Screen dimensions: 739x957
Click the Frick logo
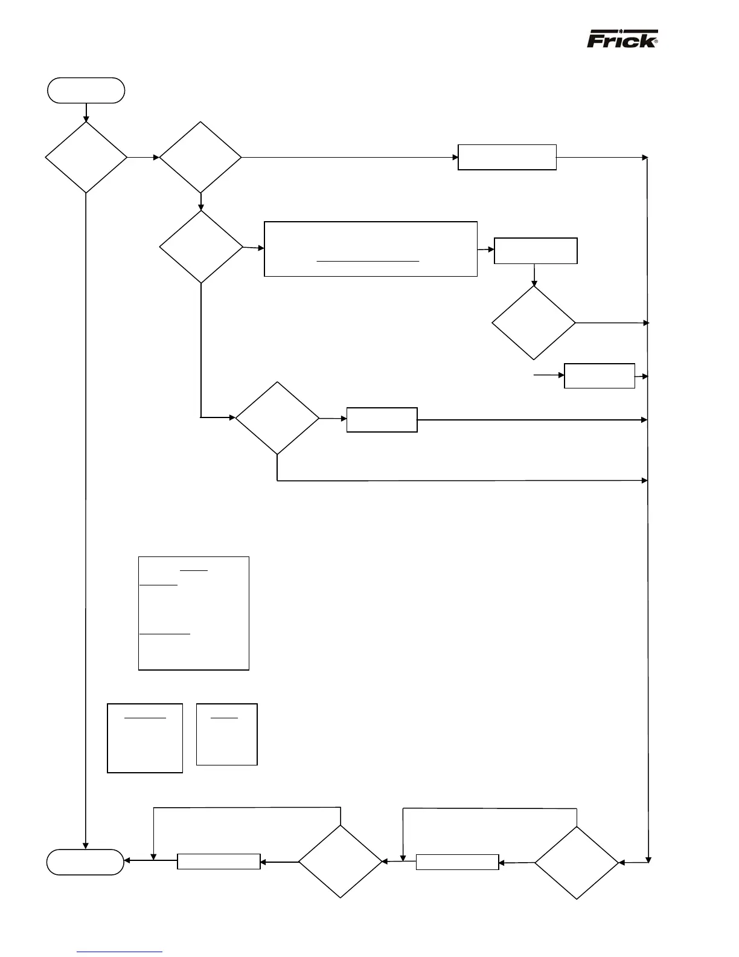[622, 39]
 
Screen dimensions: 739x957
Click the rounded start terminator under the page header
[86, 91]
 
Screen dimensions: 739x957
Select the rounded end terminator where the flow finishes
[86, 862]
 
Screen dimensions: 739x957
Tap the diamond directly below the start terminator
[86, 158]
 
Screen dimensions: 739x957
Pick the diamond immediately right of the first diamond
[200, 158]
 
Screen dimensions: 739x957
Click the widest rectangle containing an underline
[371, 249]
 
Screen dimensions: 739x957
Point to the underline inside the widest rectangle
[368, 262]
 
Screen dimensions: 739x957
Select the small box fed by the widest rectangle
[536, 251]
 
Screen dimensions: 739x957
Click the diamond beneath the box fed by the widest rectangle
[534, 323]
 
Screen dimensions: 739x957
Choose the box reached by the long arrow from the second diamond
[507, 157]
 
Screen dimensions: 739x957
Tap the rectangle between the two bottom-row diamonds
[458, 862]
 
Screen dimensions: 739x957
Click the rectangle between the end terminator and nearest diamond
[219, 862]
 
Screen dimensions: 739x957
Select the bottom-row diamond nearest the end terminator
[341, 862]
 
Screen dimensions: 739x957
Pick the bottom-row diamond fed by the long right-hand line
[577, 863]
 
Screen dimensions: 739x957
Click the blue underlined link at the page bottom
[120, 952]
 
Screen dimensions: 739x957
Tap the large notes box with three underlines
[194, 613]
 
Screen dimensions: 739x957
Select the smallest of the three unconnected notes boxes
[227, 734]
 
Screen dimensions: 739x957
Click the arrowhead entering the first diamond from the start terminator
[86, 118]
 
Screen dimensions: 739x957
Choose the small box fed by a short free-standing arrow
[600, 376]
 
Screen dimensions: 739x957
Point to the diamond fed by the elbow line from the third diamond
[277, 418]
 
